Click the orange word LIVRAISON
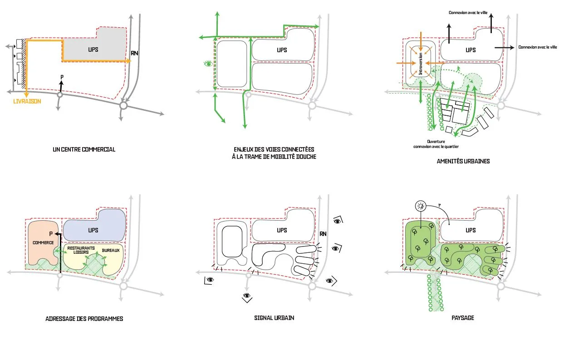pos(27,101)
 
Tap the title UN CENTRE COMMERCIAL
pos(84,149)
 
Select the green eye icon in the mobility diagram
pos(208,64)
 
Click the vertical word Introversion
pos(421,64)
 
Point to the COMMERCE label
pos(43,242)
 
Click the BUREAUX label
pos(111,250)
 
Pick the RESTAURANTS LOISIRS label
pos(81,250)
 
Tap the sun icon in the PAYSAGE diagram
pos(421,206)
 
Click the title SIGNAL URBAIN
pos(274,318)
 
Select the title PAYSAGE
pos(463,318)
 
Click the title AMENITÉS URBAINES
pos(463,161)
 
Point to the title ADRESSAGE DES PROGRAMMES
pos(84,319)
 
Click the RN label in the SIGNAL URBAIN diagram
pos(323,234)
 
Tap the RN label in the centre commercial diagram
pos(134,53)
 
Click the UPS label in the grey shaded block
pos(93,49)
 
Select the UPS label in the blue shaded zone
pos(93,230)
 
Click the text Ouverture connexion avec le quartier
pos(436,144)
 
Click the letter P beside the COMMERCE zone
pos(51,234)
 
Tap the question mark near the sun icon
pos(439,205)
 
